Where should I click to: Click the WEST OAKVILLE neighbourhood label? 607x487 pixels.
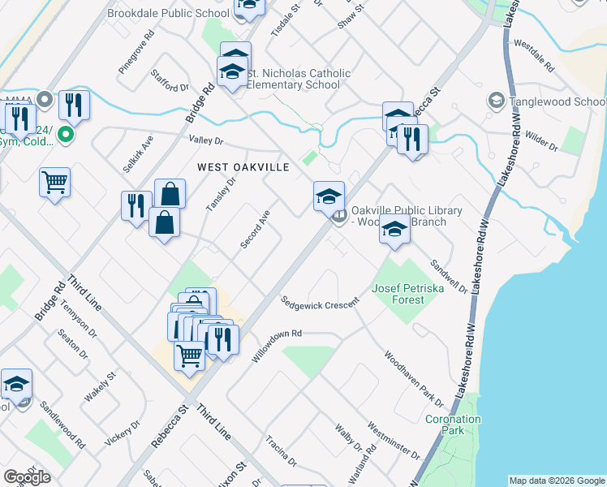pos(243,166)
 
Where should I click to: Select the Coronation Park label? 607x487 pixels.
pos(453,425)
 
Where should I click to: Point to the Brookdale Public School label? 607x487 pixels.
pos(169,13)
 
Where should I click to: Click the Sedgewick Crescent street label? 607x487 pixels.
pos(318,300)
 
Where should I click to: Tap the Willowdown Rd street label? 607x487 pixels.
pos(277,345)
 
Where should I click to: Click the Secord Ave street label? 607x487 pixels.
pos(255,230)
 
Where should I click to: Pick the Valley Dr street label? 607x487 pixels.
pos(205,140)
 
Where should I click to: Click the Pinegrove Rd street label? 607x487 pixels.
pos(136,54)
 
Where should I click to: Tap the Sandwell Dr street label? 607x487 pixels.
pos(449,275)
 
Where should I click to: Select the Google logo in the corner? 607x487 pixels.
pos(27,477)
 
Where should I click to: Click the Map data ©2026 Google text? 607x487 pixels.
pos(557,481)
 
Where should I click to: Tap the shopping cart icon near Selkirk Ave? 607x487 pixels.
pos(54,181)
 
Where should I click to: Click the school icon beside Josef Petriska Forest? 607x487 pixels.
pos(394,230)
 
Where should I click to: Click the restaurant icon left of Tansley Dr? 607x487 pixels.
pos(136,205)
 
